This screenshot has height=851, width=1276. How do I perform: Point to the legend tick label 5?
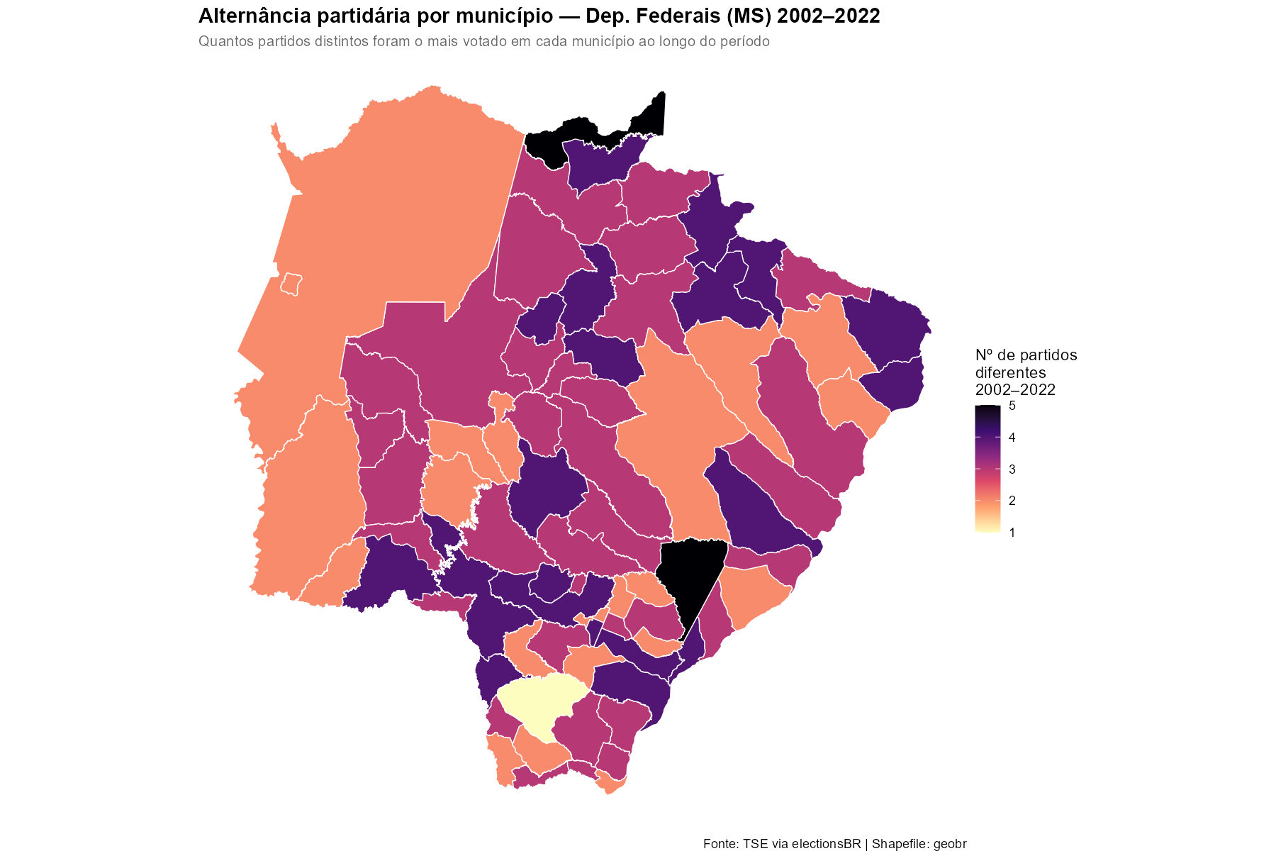[1012, 406]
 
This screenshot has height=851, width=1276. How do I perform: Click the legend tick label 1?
[1012, 533]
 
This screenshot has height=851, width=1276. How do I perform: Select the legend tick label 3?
[1012, 469]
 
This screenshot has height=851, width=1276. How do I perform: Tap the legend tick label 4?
[1012, 438]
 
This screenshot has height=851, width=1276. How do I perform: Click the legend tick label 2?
[1012, 501]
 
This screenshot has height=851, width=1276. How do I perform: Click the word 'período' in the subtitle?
[745, 42]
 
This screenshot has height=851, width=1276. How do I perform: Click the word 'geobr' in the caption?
[950, 844]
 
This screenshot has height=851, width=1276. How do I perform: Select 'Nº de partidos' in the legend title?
[1026, 355]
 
